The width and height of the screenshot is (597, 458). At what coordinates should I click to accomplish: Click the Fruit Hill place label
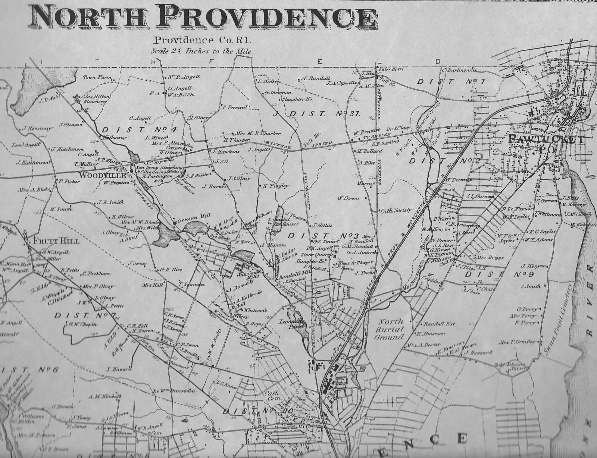click(56, 241)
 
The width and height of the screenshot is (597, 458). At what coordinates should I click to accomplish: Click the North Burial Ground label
click(391, 329)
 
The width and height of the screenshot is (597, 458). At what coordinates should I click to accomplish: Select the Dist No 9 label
click(494, 275)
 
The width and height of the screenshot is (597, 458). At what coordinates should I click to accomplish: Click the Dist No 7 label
click(84, 316)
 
